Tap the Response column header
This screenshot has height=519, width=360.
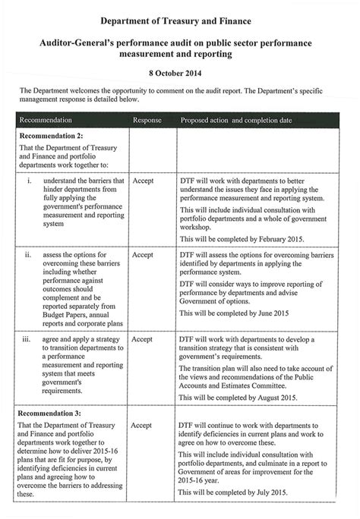[x=147, y=121]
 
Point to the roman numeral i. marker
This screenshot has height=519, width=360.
[x=29, y=181]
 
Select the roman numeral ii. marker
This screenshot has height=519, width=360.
[x=28, y=255]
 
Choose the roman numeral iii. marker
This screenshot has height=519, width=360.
[x=28, y=339]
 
